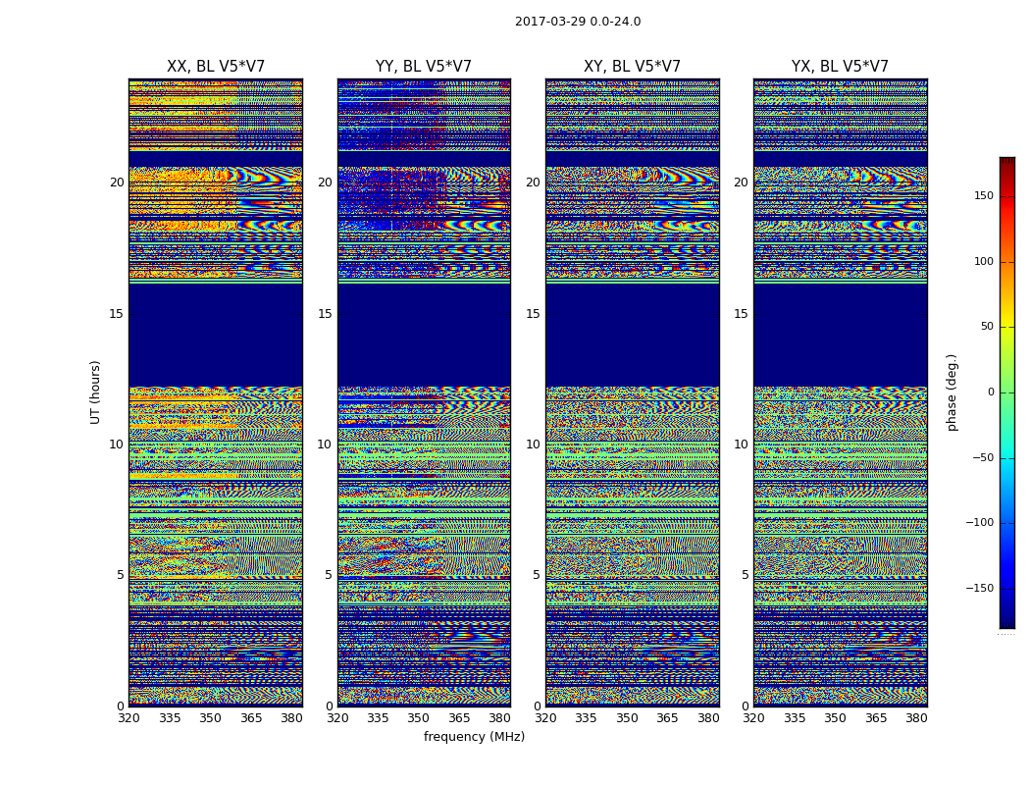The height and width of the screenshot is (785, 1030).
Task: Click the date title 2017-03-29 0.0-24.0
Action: [x=578, y=22]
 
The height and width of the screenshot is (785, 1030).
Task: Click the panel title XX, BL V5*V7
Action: [x=216, y=67]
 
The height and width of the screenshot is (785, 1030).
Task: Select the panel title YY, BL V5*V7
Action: [x=424, y=67]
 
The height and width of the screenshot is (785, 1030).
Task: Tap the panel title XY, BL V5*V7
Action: [x=632, y=67]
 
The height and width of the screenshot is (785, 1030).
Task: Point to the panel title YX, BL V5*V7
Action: [x=840, y=67]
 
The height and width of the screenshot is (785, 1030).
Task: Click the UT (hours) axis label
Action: [x=96, y=392]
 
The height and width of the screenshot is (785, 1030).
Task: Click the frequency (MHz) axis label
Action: [x=474, y=737]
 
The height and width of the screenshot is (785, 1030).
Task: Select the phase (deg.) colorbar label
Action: [x=953, y=392]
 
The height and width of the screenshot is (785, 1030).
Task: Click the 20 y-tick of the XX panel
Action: [x=117, y=183]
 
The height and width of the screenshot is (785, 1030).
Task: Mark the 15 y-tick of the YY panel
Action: [x=325, y=314]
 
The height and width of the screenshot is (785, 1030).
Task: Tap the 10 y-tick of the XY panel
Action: [x=533, y=445]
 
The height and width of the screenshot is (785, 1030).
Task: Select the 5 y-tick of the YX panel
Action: [x=745, y=575]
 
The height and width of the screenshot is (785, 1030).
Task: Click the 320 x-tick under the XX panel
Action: [x=129, y=718]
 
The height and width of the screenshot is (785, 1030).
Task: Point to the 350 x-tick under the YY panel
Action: [x=419, y=718]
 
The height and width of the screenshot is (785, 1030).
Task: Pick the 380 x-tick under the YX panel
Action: [x=916, y=718]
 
